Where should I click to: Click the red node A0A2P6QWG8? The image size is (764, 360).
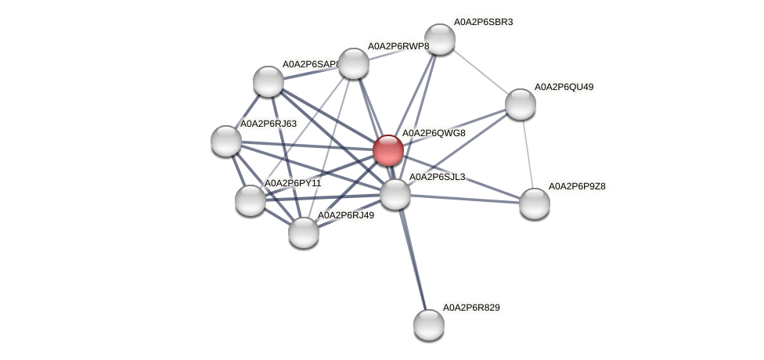[387, 150]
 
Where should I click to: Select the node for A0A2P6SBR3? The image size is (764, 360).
[439, 39]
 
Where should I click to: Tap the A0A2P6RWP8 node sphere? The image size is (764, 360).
[353, 63]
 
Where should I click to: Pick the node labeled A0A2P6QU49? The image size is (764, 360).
[520, 104]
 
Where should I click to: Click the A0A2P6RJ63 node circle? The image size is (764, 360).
[226, 141]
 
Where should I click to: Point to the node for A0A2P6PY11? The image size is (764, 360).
[250, 200]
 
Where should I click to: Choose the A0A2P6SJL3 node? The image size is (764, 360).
[395, 194]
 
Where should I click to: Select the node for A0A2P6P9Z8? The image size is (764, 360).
[535, 203]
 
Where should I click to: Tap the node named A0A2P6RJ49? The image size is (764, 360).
[303, 232]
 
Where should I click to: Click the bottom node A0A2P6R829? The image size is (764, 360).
[428, 324]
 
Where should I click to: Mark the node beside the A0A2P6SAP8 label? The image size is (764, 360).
[268, 81]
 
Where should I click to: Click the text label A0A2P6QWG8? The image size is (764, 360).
[434, 133]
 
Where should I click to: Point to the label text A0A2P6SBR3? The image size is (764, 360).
[483, 22]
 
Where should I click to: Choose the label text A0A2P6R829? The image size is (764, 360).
[471, 308]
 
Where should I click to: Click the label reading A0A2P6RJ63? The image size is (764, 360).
[268, 124]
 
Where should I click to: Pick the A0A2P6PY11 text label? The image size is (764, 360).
[292, 183]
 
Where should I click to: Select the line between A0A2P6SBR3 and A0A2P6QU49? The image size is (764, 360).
[480, 72]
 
